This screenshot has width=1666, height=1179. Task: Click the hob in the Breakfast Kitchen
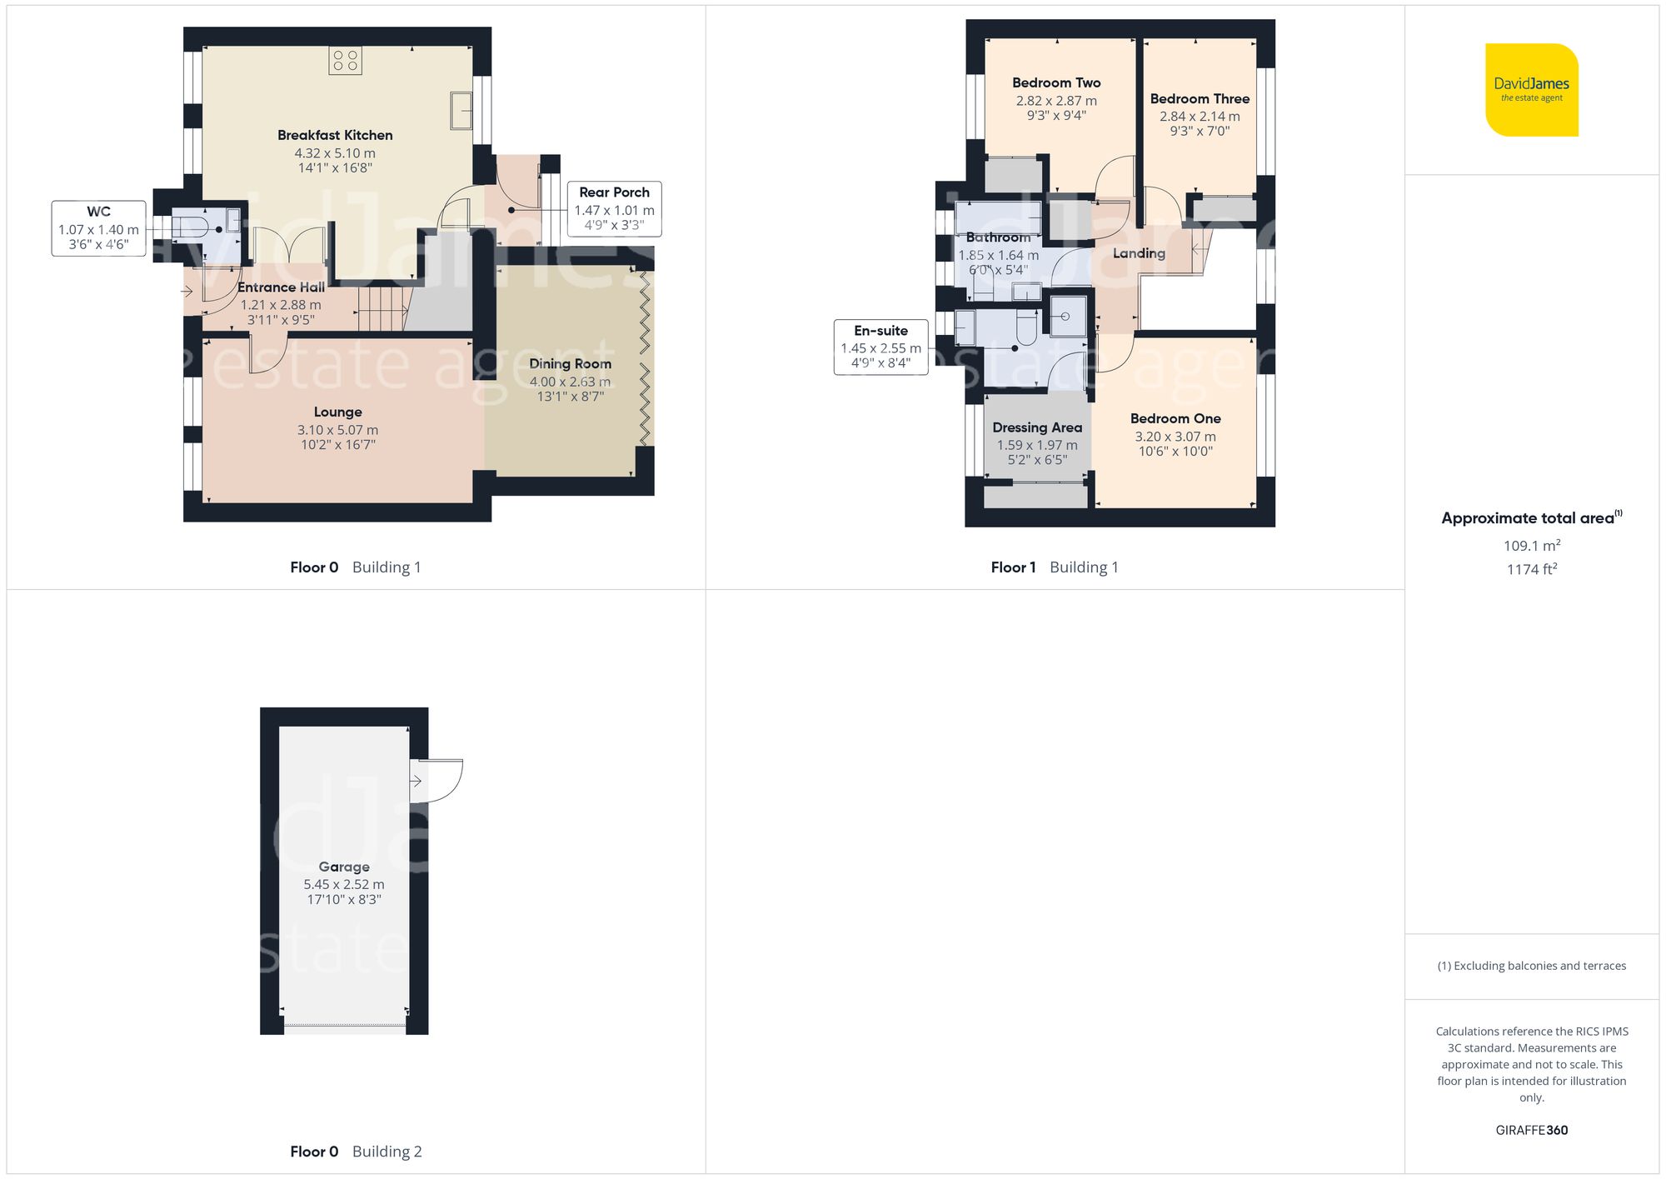point(345,60)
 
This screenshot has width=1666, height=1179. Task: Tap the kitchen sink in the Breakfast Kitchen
point(461,111)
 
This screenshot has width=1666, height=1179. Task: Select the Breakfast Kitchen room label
point(335,135)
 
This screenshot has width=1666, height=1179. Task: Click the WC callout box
point(98,227)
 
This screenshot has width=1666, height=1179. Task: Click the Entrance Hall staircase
point(382,307)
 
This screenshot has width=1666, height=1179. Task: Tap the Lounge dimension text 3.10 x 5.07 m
point(337,430)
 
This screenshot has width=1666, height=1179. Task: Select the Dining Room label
point(570,363)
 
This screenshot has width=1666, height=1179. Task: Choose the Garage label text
point(343,867)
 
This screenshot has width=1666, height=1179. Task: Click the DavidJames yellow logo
point(1531,90)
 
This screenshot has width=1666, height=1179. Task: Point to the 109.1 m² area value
point(1531,546)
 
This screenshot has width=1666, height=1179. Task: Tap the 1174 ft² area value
point(1531,569)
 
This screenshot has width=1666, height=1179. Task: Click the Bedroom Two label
point(1056,82)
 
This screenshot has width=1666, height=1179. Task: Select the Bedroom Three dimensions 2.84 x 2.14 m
point(1200,117)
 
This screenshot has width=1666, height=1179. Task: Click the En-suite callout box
point(880,347)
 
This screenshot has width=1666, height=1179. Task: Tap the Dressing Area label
point(1037,427)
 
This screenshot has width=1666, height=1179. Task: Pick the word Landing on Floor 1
point(1139,253)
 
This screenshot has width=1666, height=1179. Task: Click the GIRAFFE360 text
point(1531,1130)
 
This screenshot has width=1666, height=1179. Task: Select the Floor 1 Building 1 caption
point(1054,567)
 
